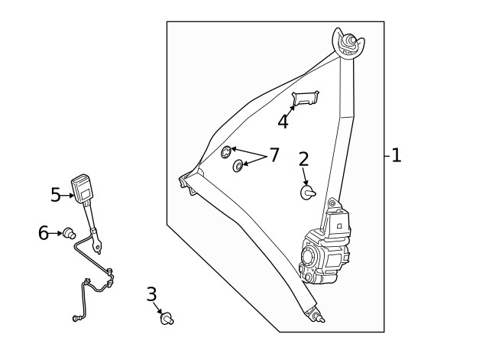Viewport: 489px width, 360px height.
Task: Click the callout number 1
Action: (397, 155)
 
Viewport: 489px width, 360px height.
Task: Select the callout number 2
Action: (303, 159)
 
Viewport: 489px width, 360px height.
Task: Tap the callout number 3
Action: (151, 294)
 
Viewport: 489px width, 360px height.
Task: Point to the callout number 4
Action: (283, 122)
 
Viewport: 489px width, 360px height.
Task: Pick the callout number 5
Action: (56, 195)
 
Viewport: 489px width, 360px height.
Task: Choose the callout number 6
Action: (44, 232)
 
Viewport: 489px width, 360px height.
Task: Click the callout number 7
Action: (274, 155)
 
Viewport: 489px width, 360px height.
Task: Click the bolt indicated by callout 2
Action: (307, 193)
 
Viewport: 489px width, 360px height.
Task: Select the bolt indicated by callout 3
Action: (167, 319)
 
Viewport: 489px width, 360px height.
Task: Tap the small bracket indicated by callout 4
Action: (306, 98)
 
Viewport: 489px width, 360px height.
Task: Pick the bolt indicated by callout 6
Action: (70, 233)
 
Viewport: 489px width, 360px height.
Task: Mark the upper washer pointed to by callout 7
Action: (226, 152)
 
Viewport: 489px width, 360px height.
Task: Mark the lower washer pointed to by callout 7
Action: (238, 165)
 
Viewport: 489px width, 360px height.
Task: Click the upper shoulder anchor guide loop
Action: (348, 44)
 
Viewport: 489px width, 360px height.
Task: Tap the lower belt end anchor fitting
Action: (315, 314)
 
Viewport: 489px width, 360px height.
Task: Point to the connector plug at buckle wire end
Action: (76, 318)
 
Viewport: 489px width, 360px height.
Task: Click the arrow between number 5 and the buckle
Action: (68, 196)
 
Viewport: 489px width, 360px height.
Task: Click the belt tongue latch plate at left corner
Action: (188, 182)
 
